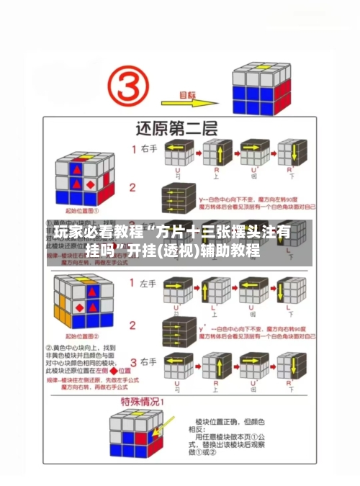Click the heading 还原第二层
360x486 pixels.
(179, 130)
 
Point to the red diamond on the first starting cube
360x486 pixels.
(90, 184)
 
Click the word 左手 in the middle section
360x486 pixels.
(150, 285)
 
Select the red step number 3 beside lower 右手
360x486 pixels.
(133, 362)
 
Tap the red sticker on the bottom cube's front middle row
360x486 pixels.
(128, 438)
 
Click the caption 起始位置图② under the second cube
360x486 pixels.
(84, 337)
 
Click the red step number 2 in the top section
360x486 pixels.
(132, 188)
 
